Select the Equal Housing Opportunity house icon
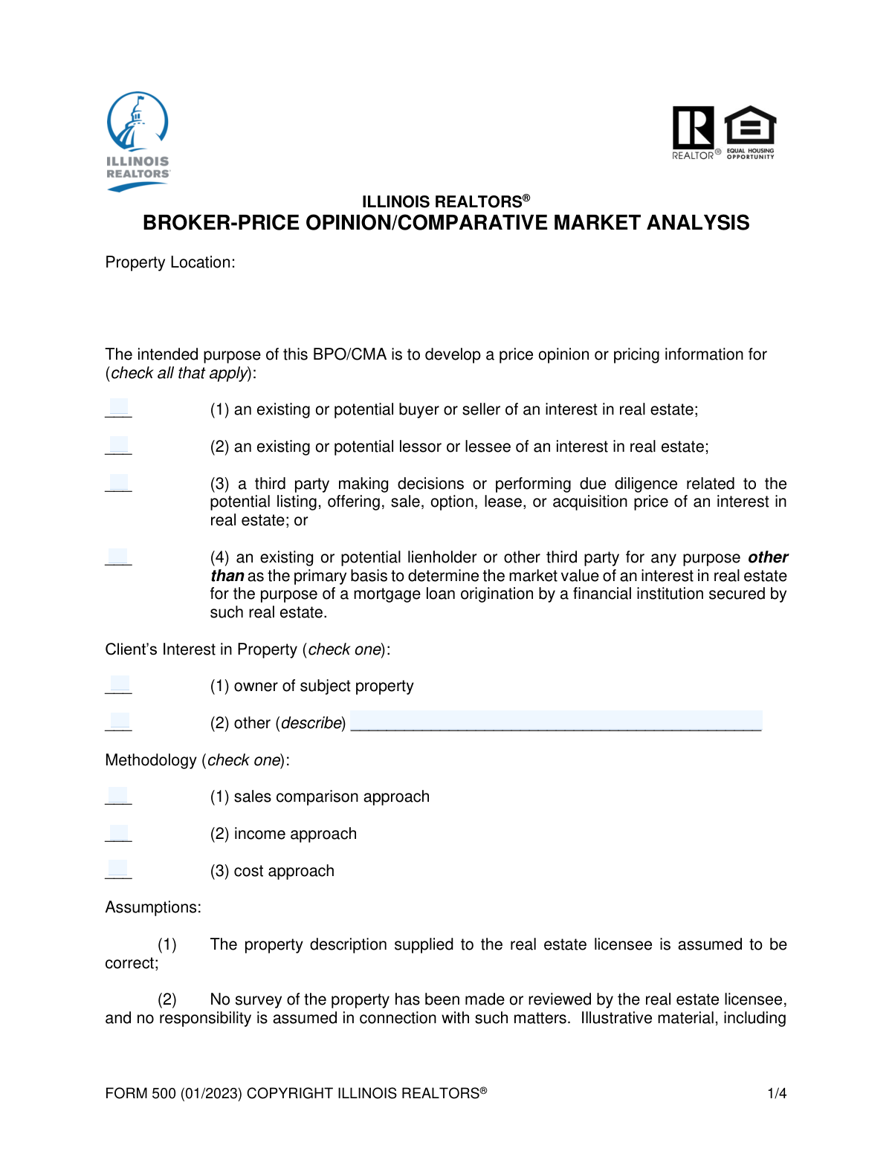click(x=750, y=126)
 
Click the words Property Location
click(x=169, y=262)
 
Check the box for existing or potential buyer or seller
click(x=119, y=408)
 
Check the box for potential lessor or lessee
click(x=119, y=445)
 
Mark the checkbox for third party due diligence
click(x=119, y=483)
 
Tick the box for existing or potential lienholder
click(x=119, y=557)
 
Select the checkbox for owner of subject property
click(x=119, y=684)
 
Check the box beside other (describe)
click(x=119, y=722)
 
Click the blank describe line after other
click(x=555, y=721)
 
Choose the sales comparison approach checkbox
click(x=119, y=796)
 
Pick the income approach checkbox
click(x=119, y=833)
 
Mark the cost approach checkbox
click(x=119, y=869)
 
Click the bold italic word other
click(x=768, y=557)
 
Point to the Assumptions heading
click(x=153, y=907)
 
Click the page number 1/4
click(x=777, y=1093)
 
